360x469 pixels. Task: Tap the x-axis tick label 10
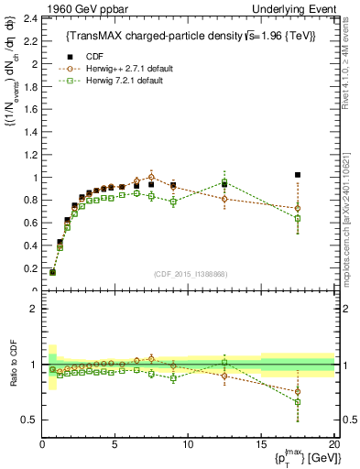pos(188,444)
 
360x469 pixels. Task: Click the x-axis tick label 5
pos(115,444)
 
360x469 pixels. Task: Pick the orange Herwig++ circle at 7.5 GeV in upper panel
pos(152,177)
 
